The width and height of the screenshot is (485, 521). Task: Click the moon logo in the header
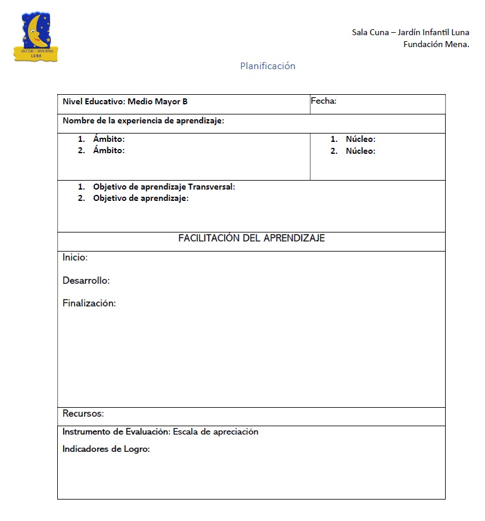tap(36, 37)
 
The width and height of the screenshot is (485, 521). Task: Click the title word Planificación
tap(268, 66)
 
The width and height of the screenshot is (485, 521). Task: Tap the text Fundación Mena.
tap(436, 44)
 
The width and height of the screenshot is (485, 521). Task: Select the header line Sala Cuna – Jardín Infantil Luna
tap(411, 32)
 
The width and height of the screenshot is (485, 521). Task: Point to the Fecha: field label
tap(324, 101)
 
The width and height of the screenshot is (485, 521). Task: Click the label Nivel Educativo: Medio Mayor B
tap(125, 102)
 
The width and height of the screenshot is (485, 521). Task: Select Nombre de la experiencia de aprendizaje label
tap(143, 121)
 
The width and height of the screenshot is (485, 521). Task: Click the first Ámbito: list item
tap(108, 139)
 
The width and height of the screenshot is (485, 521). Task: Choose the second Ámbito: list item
tap(108, 151)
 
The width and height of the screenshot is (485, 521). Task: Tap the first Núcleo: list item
tap(360, 139)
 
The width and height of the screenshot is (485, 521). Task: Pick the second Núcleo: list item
tap(360, 151)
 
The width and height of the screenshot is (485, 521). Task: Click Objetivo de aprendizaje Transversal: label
tap(164, 187)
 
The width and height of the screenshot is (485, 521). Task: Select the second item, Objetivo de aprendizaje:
tap(141, 199)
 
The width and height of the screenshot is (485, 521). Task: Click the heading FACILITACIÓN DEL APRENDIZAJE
tap(251, 238)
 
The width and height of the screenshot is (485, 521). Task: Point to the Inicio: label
tap(75, 258)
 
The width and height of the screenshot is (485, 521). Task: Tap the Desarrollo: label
tap(86, 281)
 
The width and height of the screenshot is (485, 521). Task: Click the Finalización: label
tap(89, 303)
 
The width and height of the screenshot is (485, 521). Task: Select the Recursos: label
tap(83, 414)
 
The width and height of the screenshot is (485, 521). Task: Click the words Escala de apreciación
tap(216, 432)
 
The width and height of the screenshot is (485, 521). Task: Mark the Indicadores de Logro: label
tap(106, 449)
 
